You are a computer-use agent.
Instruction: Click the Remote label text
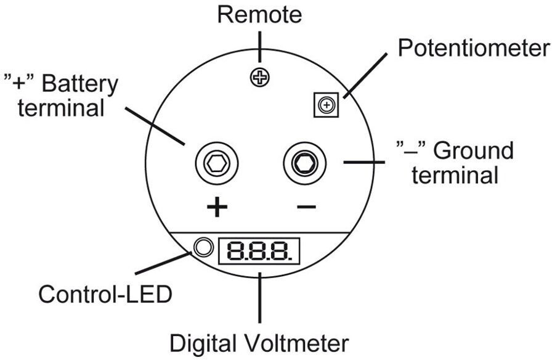click(x=259, y=15)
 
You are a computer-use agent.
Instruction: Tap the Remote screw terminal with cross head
click(x=260, y=77)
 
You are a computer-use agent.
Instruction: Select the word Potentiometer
click(x=474, y=47)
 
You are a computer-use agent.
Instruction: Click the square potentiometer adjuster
click(x=327, y=105)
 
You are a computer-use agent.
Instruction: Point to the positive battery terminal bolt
click(x=217, y=163)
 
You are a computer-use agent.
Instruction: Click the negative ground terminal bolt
click(x=305, y=163)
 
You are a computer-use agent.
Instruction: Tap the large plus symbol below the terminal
click(x=217, y=207)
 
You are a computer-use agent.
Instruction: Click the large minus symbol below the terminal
click(x=306, y=207)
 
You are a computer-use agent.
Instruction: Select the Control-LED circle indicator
click(x=203, y=247)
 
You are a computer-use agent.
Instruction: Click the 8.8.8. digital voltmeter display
click(x=259, y=251)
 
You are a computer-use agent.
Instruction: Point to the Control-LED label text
click(x=105, y=295)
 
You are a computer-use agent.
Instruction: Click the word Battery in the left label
click(x=80, y=84)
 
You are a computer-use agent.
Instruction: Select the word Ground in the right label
click(x=473, y=151)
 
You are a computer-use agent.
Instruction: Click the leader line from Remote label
click(x=260, y=47)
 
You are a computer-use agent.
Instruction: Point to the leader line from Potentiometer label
click(x=365, y=76)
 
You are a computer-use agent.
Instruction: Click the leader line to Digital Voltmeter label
click(x=260, y=298)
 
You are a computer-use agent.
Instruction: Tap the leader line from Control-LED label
click(x=163, y=263)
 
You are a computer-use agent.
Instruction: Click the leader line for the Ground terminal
click(x=364, y=162)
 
